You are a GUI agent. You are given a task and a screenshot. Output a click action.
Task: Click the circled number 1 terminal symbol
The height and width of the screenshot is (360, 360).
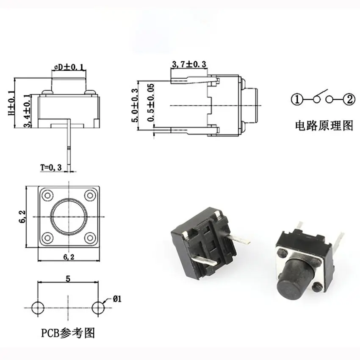tap(297, 100)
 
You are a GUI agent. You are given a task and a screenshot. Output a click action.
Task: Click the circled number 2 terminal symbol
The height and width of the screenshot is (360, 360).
tap(349, 100)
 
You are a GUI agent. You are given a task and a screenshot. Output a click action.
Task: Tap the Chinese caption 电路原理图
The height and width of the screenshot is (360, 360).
tap(324, 126)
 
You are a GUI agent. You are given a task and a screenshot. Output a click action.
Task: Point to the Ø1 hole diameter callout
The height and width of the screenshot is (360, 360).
tap(117, 299)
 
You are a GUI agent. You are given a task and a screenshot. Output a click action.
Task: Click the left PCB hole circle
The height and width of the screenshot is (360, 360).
tap(38, 308)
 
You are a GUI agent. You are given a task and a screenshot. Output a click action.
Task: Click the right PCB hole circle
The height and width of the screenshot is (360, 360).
tap(98, 308)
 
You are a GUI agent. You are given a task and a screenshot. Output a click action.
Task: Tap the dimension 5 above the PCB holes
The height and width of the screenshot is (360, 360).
tap(68, 279)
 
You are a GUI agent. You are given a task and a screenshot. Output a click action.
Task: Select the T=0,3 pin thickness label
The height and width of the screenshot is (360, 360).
tap(51, 168)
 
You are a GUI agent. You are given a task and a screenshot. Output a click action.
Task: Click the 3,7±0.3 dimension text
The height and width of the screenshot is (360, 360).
tap(189, 64)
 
